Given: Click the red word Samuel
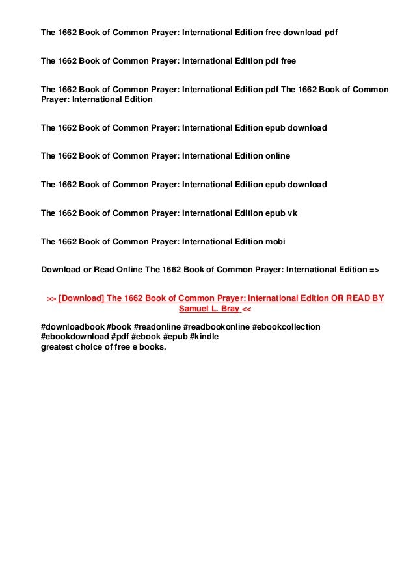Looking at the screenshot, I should pos(194,309).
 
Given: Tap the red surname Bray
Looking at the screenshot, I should pos(229,309).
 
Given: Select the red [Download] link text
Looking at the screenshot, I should pos(80,298).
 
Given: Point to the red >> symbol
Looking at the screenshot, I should pos(51,298).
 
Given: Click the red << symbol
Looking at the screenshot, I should pos(247,309).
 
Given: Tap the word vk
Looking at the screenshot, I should pos(292,213).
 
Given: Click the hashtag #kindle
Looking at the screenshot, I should pos(204,336).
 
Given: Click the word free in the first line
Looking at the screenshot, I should pos(274,32).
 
